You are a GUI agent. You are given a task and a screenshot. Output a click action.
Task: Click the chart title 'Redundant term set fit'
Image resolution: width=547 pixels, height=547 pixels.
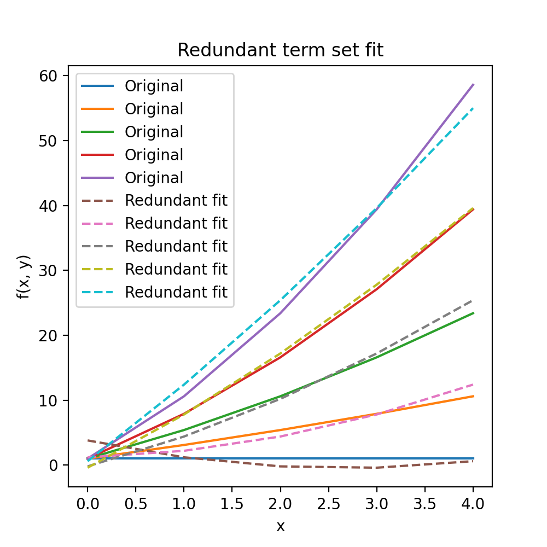[280, 50]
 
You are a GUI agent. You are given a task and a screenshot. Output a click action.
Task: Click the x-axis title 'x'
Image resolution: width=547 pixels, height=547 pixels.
[280, 526]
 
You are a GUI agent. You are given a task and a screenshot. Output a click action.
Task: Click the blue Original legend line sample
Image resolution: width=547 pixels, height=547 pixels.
[97, 86]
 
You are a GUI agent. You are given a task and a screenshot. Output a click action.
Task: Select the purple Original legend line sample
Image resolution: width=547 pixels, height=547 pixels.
[97, 178]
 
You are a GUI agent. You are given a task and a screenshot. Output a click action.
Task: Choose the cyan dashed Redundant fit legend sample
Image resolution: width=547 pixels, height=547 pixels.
[97, 292]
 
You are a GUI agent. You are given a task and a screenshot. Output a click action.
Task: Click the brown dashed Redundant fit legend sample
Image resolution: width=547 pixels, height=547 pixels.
[97, 201]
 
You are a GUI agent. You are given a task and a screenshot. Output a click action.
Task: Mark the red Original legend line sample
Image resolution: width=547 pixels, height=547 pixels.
[97, 155]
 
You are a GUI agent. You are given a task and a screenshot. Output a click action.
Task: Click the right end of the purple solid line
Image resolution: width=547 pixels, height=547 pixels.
[473, 84]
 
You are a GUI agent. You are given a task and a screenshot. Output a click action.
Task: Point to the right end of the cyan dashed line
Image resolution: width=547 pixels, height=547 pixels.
[473, 108]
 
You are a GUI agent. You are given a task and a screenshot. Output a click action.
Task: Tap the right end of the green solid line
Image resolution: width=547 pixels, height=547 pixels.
[473, 313]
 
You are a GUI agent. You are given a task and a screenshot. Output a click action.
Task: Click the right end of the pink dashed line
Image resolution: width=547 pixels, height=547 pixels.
[473, 384]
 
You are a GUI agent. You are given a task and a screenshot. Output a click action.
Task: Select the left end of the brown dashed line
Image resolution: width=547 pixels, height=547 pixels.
[88, 440]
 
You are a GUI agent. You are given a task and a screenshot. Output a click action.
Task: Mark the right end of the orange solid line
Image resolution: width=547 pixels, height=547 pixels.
[473, 396]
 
